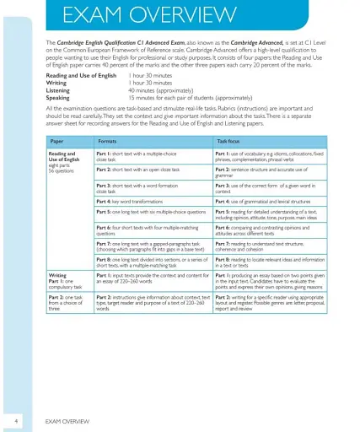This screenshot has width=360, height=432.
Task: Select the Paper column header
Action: (56, 139)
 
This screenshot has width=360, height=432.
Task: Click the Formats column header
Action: (107, 139)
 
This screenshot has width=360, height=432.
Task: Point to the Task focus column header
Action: (228, 139)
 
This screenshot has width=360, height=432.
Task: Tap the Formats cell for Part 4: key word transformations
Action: (134, 201)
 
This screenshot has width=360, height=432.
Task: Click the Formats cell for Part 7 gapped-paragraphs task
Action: (150, 246)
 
